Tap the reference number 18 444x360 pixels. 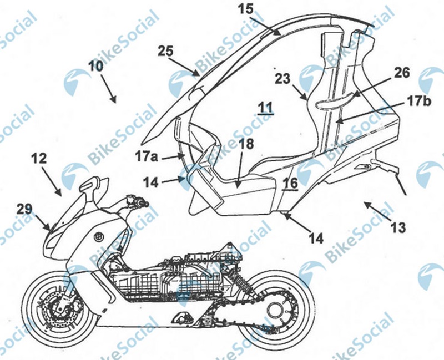246,146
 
